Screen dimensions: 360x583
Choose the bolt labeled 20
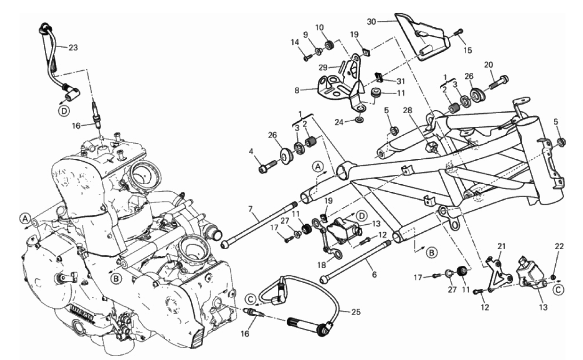point(501,82)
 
